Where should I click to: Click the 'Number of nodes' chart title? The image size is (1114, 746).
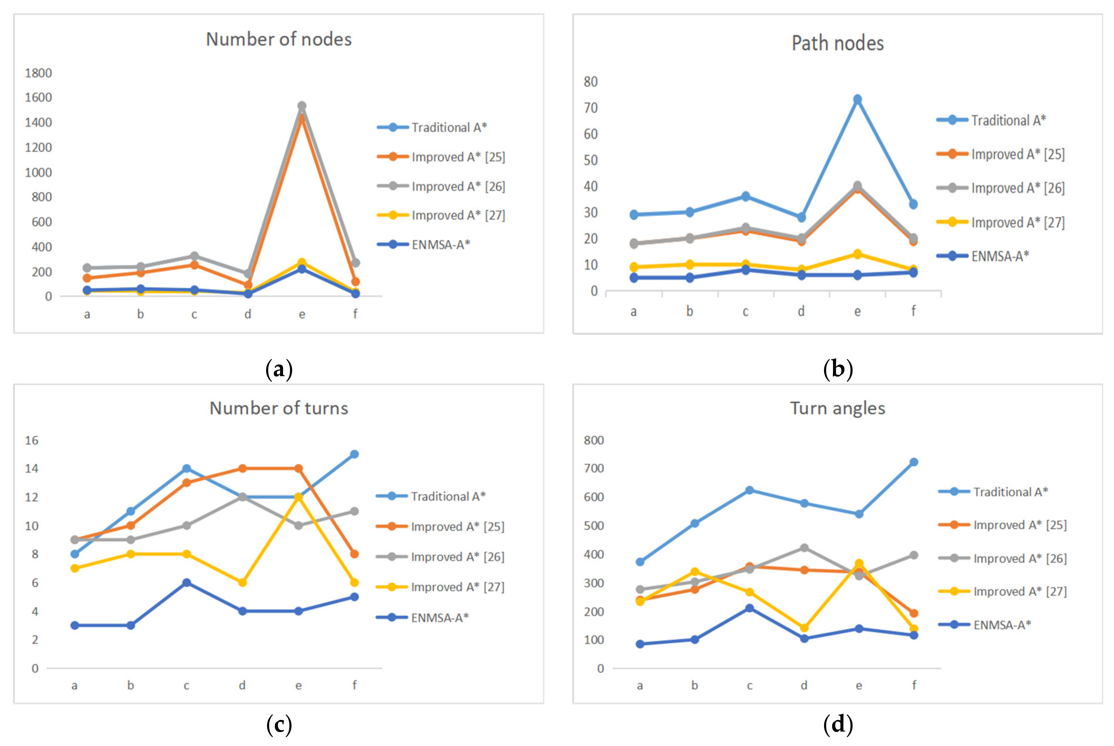(278, 40)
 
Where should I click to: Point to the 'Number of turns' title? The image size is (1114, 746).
(278, 408)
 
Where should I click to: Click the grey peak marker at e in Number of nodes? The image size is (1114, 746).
(302, 106)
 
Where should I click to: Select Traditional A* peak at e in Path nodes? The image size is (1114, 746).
(858, 99)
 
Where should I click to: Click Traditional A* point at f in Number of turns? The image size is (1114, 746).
(354, 454)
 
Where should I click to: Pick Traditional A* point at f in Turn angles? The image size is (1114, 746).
(914, 462)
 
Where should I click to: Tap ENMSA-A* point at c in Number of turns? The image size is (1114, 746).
(187, 582)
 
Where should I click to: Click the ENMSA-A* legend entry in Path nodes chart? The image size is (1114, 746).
(1000, 256)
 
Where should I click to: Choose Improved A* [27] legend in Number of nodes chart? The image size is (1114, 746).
(458, 215)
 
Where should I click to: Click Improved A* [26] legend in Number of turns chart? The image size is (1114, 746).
(457, 557)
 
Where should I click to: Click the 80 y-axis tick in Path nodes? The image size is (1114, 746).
(591, 82)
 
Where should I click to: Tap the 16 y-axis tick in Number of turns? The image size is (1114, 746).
(32, 440)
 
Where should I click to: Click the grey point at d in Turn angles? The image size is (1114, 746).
(804, 548)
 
